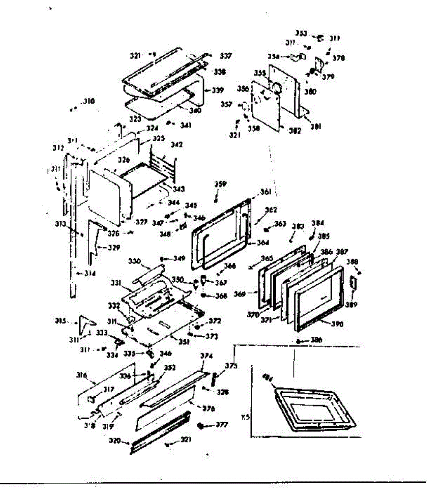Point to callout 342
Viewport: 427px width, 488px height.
177,145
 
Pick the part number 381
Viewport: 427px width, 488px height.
316,126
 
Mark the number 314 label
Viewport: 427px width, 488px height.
89,273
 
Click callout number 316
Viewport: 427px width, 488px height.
82,375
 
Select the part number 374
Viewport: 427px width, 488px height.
207,355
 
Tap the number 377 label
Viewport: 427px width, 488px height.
222,425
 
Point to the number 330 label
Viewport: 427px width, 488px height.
135,261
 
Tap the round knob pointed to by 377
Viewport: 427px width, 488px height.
200,426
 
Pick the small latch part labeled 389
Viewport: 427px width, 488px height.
353,283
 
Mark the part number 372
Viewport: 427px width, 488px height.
215,321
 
